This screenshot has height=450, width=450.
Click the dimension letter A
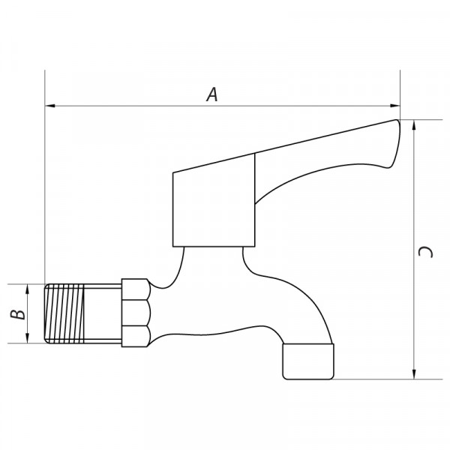click(x=212, y=94)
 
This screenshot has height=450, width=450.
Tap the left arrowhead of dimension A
click(x=49, y=106)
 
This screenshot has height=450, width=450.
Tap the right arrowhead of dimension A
click(x=396, y=106)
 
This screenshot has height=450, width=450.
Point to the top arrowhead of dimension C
click(x=415, y=124)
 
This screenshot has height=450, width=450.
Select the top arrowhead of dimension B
click(x=28, y=289)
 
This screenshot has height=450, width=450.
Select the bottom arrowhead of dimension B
click(x=28, y=339)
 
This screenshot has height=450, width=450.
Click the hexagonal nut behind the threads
click(x=135, y=313)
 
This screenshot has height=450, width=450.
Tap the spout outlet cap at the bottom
click(x=307, y=361)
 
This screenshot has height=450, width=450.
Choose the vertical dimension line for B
click(x=28, y=314)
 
